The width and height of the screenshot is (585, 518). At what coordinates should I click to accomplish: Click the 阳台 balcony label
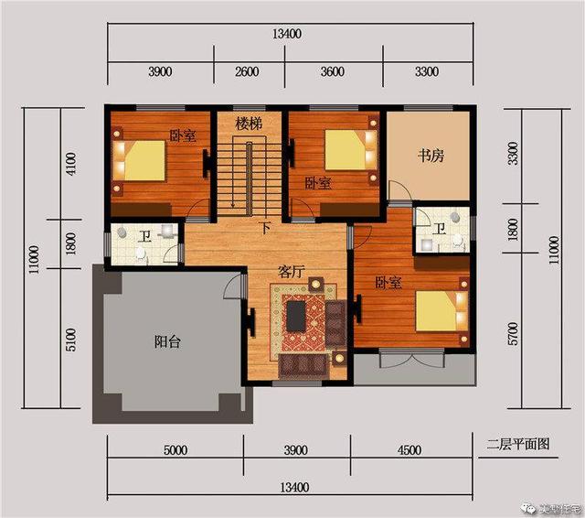tap(166, 342)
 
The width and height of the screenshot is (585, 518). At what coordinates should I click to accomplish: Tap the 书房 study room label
tap(431, 156)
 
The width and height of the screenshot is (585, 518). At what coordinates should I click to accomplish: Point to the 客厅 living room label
tap(292, 272)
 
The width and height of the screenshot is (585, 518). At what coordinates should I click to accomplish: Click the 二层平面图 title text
tap(517, 445)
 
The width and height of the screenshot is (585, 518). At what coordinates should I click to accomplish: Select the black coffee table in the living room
tap(297, 316)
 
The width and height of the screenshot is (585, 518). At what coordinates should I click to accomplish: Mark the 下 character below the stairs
tap(264, 227)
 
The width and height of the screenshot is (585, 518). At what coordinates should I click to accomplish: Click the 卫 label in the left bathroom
tap(145, 236)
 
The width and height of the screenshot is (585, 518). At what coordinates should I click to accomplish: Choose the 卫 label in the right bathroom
tap(439, 229)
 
